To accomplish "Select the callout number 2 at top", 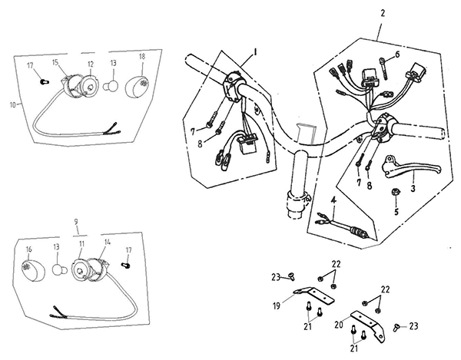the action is click(382, 14).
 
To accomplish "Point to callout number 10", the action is click(12, 104).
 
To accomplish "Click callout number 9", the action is click(76, 221).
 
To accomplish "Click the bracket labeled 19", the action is click(314, 295).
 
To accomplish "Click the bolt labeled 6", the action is click(383, 68).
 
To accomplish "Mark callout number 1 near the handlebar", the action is click(255, 52).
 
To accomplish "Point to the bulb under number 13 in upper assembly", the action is click(111, 86).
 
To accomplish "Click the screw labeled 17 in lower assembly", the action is click(126, 265).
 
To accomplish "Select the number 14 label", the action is click(108, 242).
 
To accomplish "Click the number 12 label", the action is click(90, 64).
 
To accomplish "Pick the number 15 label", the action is click(56, 62).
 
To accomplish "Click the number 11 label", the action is click(81, 244).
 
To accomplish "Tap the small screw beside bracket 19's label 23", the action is click(292, 276).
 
